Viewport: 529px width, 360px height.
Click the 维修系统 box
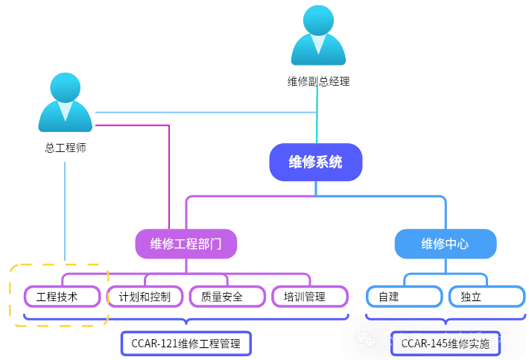coord(315,162)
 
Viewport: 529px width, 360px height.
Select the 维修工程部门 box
coord(186,244)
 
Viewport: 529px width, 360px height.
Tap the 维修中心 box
coord(445,244)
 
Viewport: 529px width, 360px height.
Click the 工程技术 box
coord(61,297)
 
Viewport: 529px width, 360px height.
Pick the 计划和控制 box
coord(145,297)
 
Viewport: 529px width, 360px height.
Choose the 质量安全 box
coord(227,297)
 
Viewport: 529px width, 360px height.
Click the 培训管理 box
coord(309,297)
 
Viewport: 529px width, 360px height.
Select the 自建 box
coord(404,297)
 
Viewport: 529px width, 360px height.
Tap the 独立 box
coord(485,297)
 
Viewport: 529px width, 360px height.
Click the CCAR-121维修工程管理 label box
coord(186,344)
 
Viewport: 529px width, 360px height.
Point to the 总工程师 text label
coord(65,148)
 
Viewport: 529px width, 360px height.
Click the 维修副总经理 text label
coord(318,81)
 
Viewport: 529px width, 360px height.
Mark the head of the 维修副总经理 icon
coord(318,19)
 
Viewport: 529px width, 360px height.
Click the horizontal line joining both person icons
coord(201,112)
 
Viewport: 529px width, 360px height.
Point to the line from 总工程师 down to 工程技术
coord(65,209)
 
